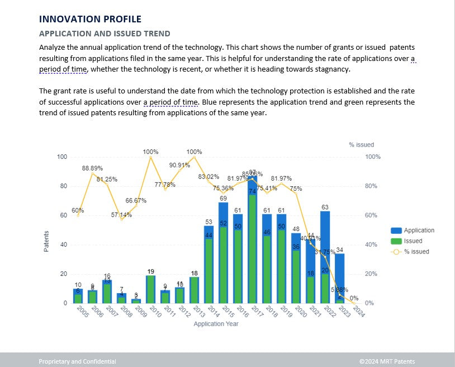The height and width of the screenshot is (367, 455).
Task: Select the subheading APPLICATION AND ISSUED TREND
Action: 105,34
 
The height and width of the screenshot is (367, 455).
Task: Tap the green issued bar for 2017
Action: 252,246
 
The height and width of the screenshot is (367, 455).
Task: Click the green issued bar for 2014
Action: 208,269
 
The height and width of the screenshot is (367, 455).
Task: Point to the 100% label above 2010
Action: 150,152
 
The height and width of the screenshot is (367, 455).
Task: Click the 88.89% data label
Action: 92,168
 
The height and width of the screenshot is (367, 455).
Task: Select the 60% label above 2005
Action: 78,210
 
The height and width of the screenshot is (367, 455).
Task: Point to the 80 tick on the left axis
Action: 64,186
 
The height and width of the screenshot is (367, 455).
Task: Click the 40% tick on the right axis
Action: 371,244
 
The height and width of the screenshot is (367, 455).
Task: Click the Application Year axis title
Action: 216,324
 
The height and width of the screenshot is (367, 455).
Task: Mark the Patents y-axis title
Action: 47,241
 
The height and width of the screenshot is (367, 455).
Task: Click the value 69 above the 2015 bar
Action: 223,199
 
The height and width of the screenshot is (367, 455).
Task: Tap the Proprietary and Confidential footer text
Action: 77,361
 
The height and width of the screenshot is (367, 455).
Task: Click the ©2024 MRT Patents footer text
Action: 387,361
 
